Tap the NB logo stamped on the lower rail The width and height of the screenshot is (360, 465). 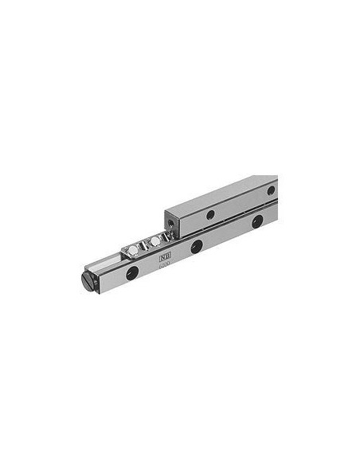point(164,258)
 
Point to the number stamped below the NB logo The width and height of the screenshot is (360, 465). point(166,268)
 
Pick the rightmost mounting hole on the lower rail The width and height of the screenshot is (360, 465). point(256,222)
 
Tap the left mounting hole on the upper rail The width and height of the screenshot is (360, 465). point(210,214)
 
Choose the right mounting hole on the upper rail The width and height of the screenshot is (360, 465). point(271,190)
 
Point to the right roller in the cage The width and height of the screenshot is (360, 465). point(155,241)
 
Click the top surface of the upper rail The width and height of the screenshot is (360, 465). point(223,192)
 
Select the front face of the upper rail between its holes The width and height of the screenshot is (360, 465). point(239,203)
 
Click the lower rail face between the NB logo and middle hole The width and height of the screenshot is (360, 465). point(181,253)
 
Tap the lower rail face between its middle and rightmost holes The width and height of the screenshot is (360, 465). point(227,235)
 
